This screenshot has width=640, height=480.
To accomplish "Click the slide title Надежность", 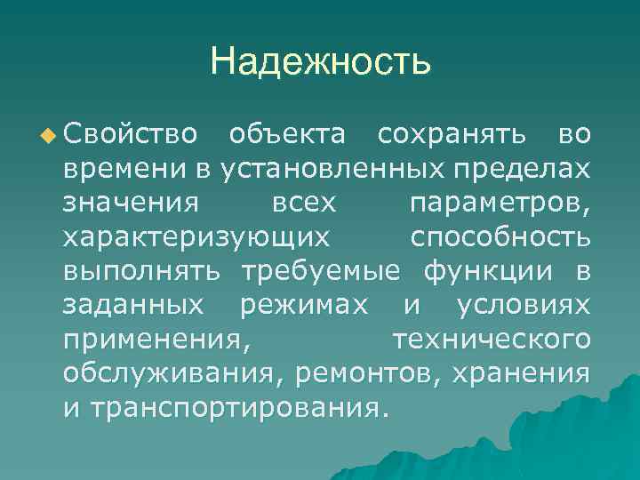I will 320,62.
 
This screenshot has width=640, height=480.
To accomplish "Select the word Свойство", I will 130,136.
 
